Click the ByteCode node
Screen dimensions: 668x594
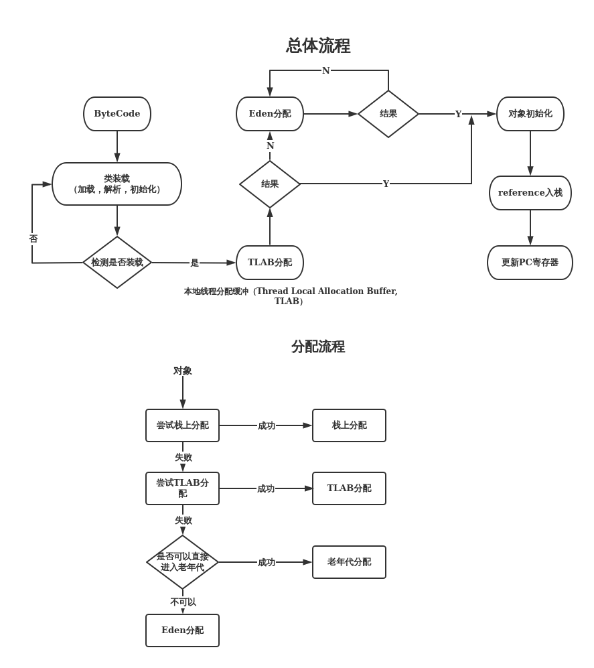click(x=117, y=114)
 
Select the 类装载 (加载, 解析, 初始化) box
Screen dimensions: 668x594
click(x=117, y=184)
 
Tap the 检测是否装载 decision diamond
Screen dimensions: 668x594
click(x=117, y=263)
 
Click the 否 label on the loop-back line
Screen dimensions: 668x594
click(x=33, y=239)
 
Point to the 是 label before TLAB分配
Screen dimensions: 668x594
click(x=194, y=263)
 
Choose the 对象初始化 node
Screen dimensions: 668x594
click(x=530, y=114)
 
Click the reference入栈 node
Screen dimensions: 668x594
click(x=530, y=193)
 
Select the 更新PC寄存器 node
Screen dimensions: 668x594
click(x=530, y=263)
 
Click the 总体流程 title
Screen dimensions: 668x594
click(x=318, y=46)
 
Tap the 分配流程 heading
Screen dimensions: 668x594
click(x=318, y=346)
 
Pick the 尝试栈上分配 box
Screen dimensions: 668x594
click(x=182, y=425)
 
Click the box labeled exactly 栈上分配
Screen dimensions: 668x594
click(x=349, y=425)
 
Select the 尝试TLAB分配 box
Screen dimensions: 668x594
click(x=182, y=488)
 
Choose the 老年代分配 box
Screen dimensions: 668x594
click(x=349, y=562)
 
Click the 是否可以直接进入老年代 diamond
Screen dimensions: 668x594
click(x=182, y=562)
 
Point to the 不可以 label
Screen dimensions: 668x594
click(x=183, y=602)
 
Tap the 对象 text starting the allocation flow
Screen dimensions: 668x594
click(x=182, y=371)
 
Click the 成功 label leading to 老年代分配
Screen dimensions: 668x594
click(x=267, y=562)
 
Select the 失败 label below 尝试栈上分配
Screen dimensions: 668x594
click(x=183, y=458)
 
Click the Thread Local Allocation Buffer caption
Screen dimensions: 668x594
click(x=291, y=296)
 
